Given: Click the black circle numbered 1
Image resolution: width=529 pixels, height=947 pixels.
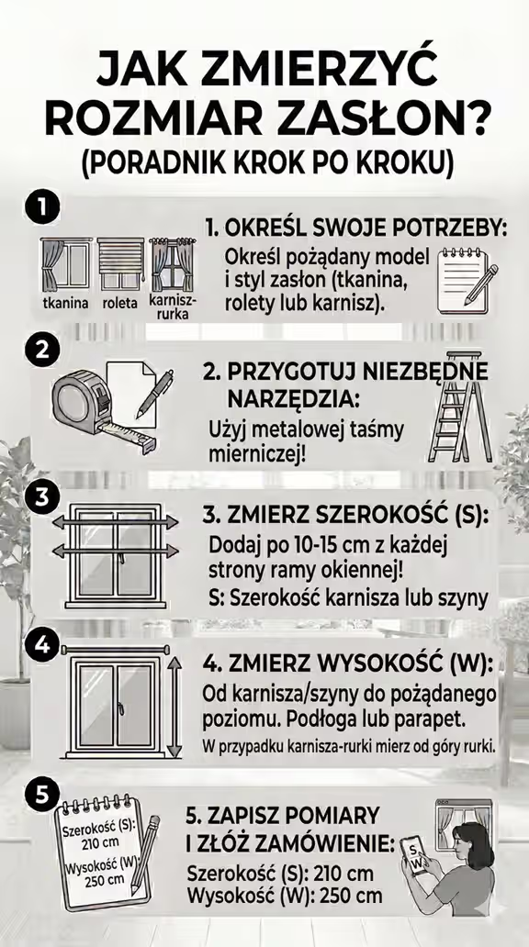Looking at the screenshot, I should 39,206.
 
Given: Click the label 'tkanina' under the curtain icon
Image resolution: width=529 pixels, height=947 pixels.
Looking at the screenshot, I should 65,302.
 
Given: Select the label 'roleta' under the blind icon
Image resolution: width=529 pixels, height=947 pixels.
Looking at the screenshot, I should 119,302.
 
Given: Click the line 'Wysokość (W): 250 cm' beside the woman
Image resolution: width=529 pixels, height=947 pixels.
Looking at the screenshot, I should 284,896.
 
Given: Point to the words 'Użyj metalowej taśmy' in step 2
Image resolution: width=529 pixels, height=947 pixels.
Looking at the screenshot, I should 307,429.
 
